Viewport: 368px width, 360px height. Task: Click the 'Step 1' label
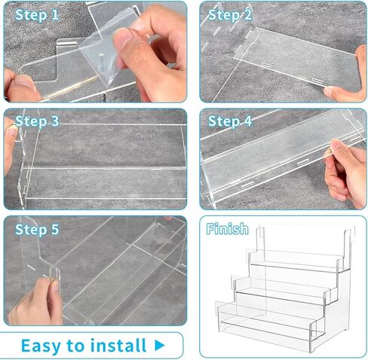37,15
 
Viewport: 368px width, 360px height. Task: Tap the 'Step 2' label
230,15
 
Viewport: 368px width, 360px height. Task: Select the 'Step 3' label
37,121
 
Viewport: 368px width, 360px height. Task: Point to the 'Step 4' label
230,121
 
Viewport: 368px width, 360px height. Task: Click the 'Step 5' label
37,230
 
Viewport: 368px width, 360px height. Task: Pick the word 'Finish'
227,229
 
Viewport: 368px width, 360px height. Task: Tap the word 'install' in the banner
118,345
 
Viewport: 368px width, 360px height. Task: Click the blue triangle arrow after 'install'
159,346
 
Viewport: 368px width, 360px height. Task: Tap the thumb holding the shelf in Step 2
335,92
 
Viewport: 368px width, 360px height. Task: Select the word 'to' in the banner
76,346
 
